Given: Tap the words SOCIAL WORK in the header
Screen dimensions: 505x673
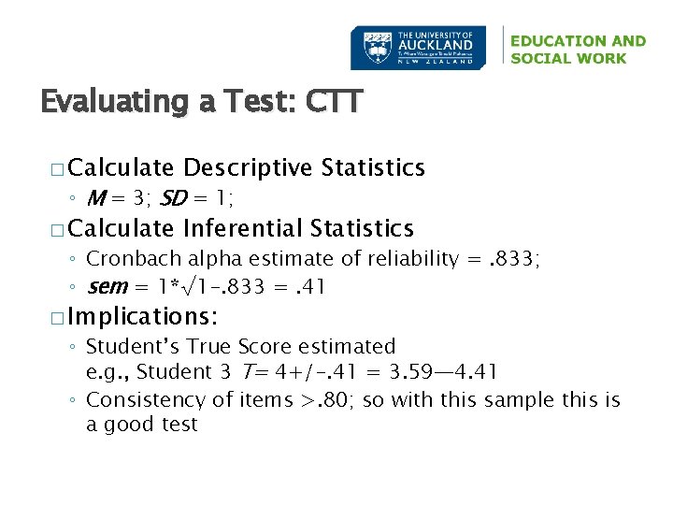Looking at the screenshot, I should click(x=568, y=58).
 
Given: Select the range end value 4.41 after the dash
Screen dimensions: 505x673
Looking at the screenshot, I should click(x=473, y=372).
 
